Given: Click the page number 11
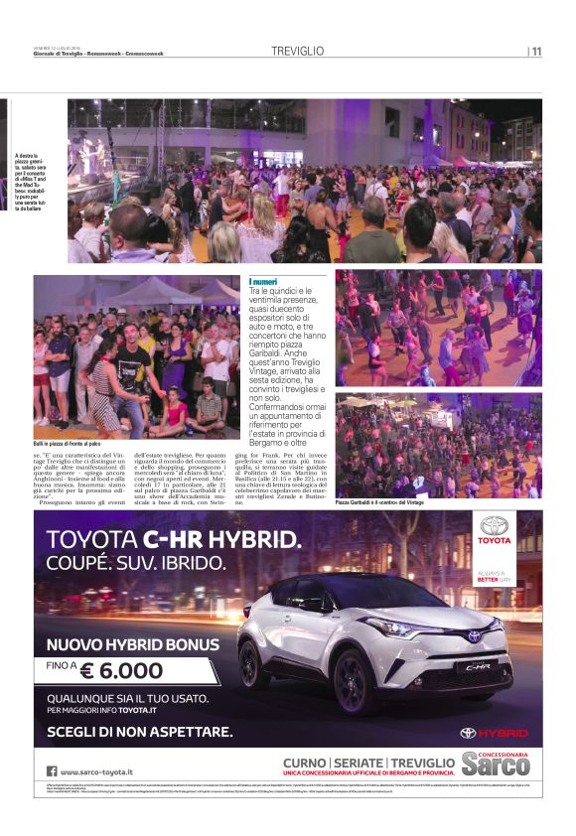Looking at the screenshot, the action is (536, 52).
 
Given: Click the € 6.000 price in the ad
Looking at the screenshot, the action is (123, 671).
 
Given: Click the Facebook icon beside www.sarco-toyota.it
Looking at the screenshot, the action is (51, 770).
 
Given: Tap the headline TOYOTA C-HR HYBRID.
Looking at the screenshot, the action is (168, 540).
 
